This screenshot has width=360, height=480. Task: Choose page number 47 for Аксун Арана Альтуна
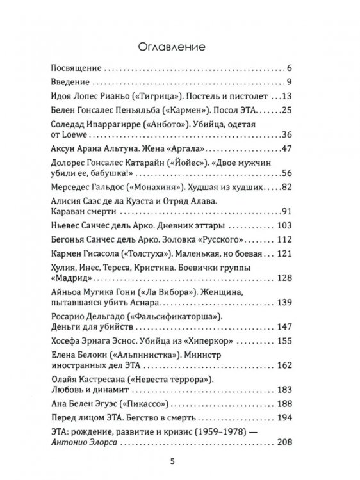coord(286,150)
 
